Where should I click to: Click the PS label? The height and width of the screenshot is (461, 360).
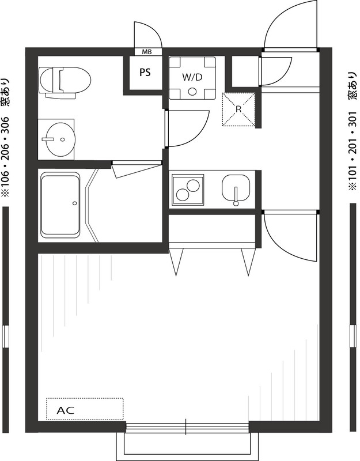point(145,73)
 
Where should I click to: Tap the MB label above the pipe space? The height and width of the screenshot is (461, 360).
point(147,52)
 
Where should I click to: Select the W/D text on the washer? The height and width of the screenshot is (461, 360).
point(192,76)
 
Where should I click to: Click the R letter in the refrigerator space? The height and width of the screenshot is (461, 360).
point(239,108)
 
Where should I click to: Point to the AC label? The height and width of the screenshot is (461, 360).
point(66,411)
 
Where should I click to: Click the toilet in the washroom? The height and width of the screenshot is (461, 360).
point(65,80)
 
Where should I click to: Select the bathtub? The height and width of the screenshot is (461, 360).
point(60,205)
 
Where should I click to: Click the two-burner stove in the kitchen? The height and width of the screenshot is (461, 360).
point(188,189)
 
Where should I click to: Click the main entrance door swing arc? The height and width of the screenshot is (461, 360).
point(288,26)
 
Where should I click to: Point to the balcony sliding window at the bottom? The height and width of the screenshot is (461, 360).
point(187,427)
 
